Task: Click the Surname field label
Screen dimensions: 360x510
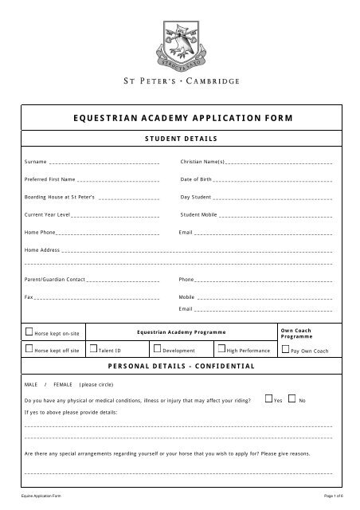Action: coord(36,161)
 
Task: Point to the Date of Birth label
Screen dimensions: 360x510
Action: coord(196,178)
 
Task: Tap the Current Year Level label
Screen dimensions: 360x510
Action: coord(49,214)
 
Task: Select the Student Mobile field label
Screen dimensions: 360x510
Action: coord(199,214)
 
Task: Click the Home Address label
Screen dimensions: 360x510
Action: coord(43,249)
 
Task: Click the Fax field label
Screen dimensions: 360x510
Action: coord(29,296)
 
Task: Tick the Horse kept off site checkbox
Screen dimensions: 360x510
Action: coord(29,349)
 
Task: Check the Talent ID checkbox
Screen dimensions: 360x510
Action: coord(93,349)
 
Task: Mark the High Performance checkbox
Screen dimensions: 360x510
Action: coord(221,349)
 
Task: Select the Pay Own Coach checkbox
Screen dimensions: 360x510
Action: coord(286,349)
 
